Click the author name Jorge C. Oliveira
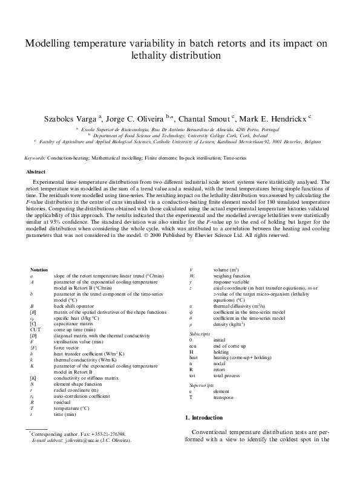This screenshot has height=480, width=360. (x=142, y=120)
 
